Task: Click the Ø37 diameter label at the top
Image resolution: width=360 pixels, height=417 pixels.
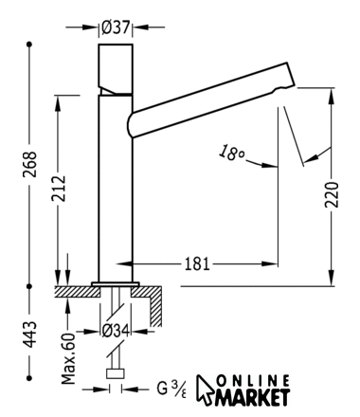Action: click(116, 27)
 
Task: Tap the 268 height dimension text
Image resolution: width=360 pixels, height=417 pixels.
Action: click(30, 165)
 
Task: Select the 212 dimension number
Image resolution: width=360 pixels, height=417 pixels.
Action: click(59, 189)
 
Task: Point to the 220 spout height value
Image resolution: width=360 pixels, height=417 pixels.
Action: click(332, 194)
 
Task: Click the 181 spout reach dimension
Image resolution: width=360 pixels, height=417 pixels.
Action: click(197, 263)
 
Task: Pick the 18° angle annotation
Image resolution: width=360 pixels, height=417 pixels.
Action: click(231, 153)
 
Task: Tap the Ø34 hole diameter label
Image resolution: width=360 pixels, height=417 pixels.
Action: click(116, 331)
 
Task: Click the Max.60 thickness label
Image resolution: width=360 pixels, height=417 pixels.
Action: click(68, 358)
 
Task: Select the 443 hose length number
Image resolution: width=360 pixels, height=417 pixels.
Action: click(30, 335)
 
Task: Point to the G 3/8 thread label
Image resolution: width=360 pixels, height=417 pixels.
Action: click(171, 389)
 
